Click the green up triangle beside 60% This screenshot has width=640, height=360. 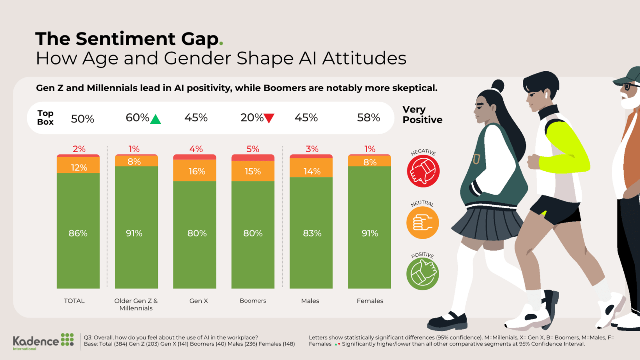point(155,120)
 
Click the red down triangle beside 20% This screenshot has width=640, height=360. point(269,118)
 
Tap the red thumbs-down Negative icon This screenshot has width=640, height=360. point(423,171)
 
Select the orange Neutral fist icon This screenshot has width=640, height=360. point(422,222)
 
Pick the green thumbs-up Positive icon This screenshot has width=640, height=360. point(422,274)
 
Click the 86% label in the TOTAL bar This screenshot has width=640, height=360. point(78,233)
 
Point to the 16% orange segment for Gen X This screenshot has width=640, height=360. point(196,171)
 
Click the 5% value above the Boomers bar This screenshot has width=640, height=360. point(253,149)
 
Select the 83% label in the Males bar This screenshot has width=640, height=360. point(312,233)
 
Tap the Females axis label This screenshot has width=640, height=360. point(370,301)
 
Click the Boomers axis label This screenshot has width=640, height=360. point(253,301)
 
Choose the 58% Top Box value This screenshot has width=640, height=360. point(368,118)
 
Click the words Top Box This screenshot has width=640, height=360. point(45,117)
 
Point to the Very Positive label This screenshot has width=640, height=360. point(422,115)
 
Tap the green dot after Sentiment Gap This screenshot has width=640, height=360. point(221,43)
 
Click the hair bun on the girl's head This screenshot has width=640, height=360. point(497,86)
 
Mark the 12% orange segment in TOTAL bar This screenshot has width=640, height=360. point(78,167)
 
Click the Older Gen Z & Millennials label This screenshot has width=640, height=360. point(136,305)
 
